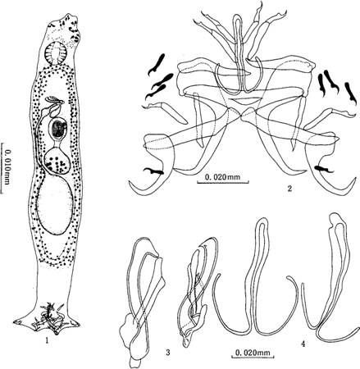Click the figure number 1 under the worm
click(48, 340)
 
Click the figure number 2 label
click(290, 189)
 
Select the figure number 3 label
click(168, 353)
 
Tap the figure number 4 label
click(303, 344)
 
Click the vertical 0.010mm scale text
click(7, 167)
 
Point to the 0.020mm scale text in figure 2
click(222, 177)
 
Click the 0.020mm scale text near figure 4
click(253, 353)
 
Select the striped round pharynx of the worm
click(57, 52)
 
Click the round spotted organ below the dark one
click(57, 162)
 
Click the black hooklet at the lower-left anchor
click(153, 171)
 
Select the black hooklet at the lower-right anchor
click(324, 169)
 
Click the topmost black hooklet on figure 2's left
click(157, 64)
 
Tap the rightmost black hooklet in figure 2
click(351, 93)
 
